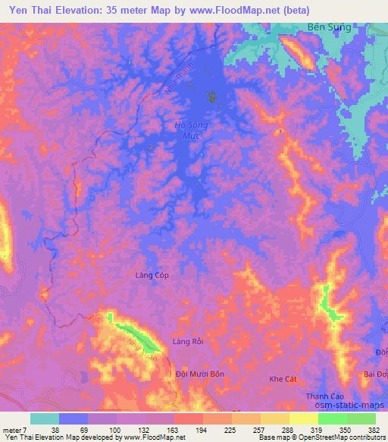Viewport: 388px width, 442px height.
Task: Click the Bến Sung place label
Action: point(330,27)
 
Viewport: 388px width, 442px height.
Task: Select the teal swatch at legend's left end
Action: point(45,418)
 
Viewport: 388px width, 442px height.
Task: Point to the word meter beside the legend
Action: point(14,428)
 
